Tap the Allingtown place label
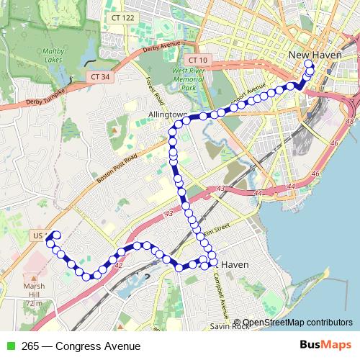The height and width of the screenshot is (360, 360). click(167, 114)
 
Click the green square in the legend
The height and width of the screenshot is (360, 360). click(9, 346)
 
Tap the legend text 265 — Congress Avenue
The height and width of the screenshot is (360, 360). click(80, 346)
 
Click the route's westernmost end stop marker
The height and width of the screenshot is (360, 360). click(55, 235)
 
